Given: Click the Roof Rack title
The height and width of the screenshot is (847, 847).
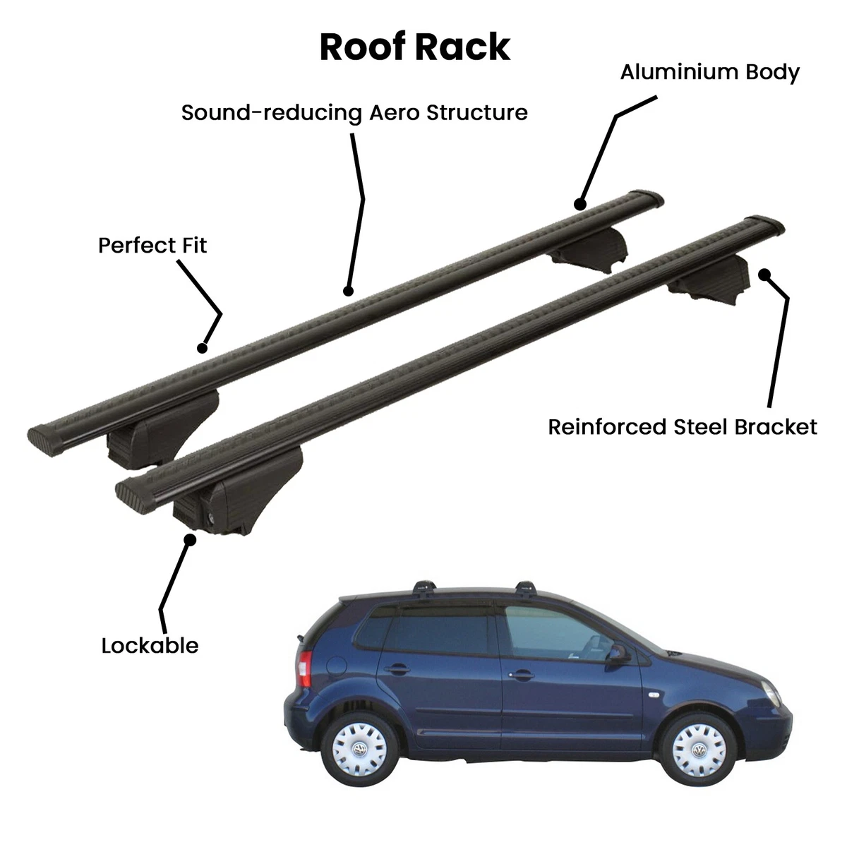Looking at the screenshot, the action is (415, 47).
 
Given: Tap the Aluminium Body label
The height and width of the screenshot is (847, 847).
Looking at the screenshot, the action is (710, 73).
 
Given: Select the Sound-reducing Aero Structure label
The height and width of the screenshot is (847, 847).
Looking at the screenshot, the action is (354, 113).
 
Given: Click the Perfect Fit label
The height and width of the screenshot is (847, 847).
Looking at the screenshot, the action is (152, 245).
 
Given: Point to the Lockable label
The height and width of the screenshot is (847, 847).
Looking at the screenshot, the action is (150, 646).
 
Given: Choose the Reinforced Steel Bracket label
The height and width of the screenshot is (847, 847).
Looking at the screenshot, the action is (683, 427).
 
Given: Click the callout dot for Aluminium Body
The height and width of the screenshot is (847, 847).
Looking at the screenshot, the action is (580, 205).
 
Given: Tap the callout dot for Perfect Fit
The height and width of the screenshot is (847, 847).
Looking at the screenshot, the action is (202, 348).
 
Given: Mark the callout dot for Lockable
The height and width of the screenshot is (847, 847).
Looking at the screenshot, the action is (191, 539).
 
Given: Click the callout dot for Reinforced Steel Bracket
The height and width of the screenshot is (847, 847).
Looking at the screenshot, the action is (764, 275).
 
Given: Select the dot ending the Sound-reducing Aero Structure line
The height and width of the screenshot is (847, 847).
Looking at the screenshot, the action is (348, 291).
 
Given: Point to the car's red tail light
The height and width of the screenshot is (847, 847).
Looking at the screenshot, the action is (305, 668).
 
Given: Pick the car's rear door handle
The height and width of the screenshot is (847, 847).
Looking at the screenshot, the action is (397, 669).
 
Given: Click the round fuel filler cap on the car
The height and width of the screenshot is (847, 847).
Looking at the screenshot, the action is (337, 666).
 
